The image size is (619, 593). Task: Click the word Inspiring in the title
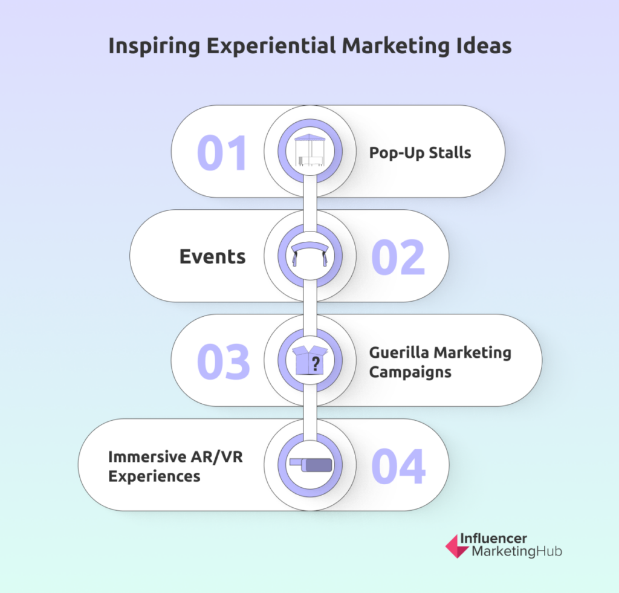pos(154,46)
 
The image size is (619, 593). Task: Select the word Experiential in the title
pos(271,46)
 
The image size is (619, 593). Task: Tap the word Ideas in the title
pos(484,45)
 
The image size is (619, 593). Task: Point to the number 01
pos(222,152)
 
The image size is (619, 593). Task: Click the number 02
pos(398,257)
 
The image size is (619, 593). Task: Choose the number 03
pos(224,361)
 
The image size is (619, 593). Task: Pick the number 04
pos(398,466)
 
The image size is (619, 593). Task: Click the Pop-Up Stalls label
pos(420,153)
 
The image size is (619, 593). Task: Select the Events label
pos(212,257)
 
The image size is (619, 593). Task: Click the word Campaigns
pos(410,372)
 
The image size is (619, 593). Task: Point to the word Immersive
pos(147,457)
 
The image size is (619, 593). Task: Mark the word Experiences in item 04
pos(154,476)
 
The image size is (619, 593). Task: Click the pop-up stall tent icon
pos(310,151)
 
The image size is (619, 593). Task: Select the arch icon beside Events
pos(310,254)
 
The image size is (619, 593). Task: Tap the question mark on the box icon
pos(316,364)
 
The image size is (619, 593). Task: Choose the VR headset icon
pos(311,465)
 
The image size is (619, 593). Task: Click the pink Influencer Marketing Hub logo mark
pos(457,546)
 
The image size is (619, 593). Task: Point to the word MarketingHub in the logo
pos(517,551)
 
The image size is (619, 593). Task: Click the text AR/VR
pos(217,457)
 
